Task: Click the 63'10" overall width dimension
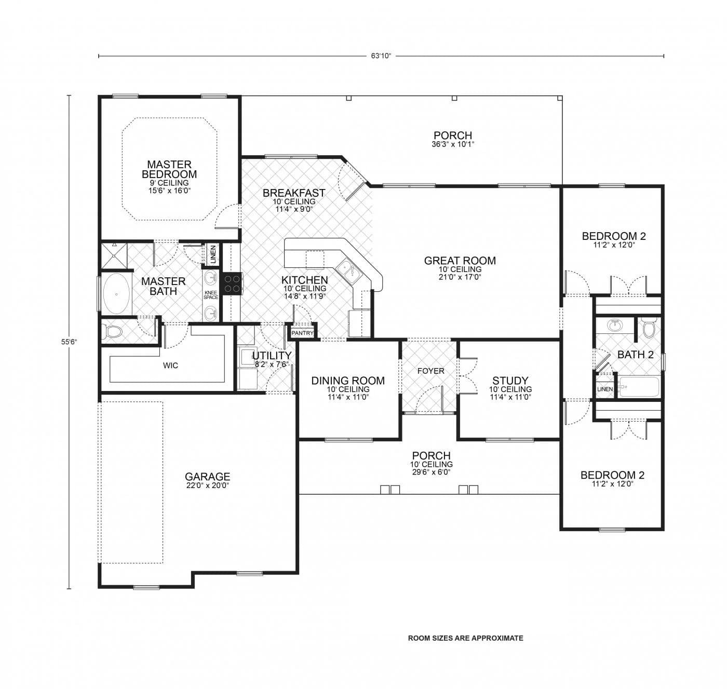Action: [x=381, y=56]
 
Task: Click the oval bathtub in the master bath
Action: [x=116, y=294]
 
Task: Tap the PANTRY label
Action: [x=302, y=333]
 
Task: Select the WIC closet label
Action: [x=170, y=366]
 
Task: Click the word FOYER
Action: [x=431, y=371]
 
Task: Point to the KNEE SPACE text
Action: [x=211, y=295]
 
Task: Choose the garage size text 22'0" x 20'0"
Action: [x=207, y=485]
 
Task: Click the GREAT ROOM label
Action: [x=460, y=261]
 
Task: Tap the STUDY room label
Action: [x=510, y=381]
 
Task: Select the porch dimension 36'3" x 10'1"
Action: [x=453, y=145]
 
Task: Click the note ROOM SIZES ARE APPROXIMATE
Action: [x=465, y=638]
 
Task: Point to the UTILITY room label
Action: [x=272, y=356]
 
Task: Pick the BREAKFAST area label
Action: [x=294, y=193]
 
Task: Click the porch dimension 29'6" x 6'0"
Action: [x=431, y=472]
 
